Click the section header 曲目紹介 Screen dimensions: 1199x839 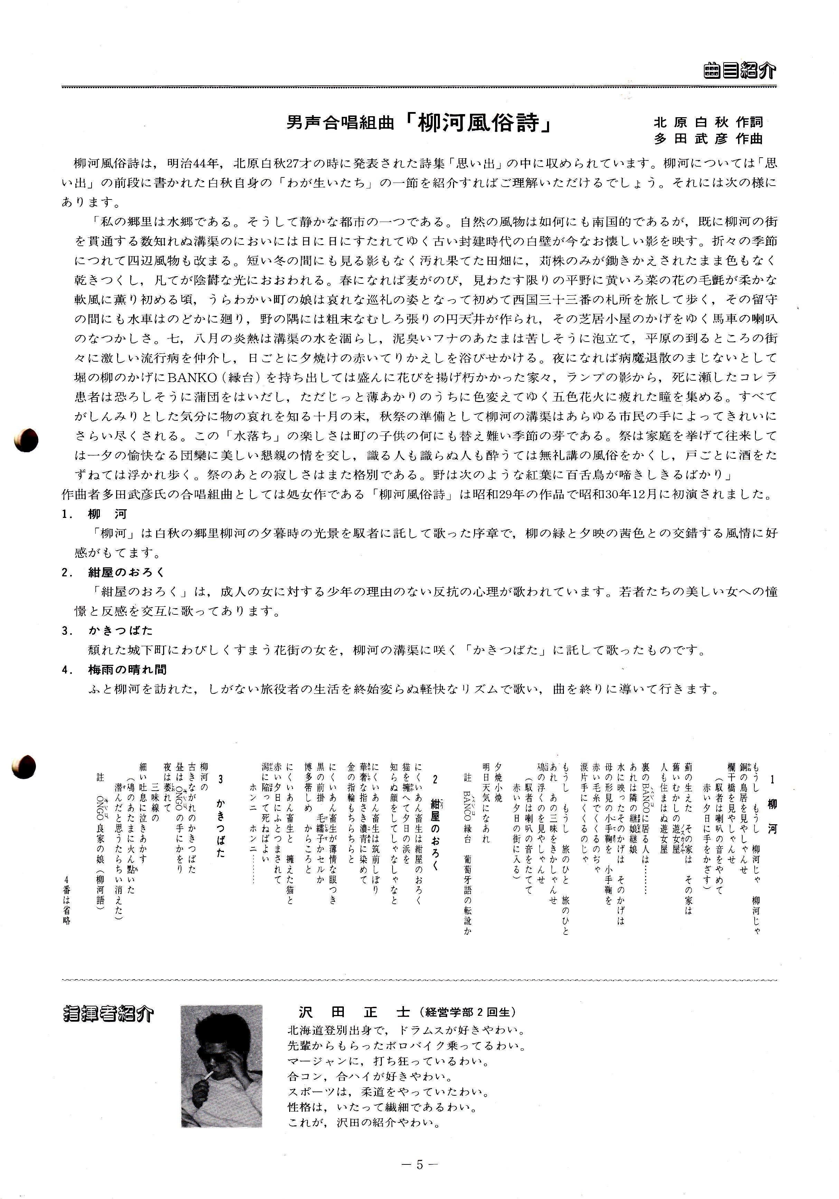[x=739, y=71]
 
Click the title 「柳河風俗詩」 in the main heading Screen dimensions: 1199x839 [x=478, y=124]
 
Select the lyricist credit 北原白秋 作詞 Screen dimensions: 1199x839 [x=708, y=122]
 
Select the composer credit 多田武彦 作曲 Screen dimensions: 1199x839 [x=708, y=139]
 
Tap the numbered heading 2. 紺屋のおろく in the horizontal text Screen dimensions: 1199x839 [x=113, y=572]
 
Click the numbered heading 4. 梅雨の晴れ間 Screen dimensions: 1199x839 [x=114, y=669]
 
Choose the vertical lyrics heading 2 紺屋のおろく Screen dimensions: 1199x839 [x=434, y=825]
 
